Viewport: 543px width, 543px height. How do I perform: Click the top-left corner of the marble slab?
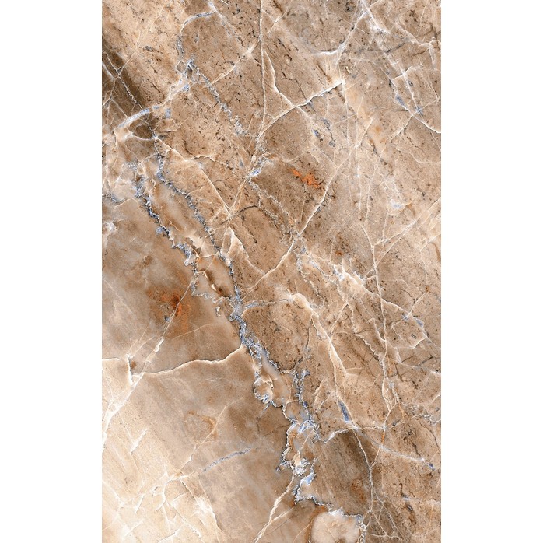pos(103,1)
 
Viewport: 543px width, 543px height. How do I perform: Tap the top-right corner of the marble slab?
pos(440,1)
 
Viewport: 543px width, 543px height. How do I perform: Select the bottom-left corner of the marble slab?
pos(103,541)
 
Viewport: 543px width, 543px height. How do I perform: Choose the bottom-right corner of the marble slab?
pos(440,541)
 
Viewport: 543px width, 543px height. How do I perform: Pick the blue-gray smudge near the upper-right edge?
pos(400,101)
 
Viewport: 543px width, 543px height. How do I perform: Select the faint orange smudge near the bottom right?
pos(357,490)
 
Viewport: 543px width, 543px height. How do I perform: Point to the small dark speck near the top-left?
pos(148,49)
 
